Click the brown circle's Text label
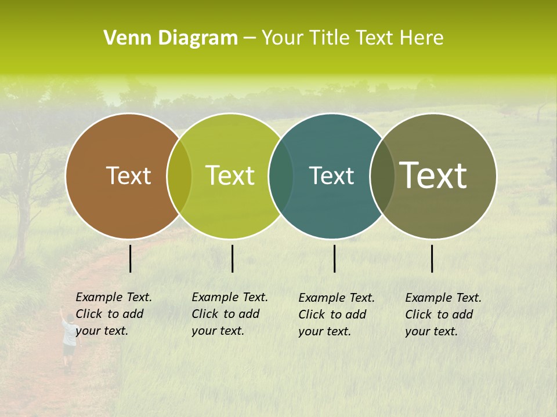click(128, 175)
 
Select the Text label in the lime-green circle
click(230, 175)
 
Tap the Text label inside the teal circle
click(331, 175)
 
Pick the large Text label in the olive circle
click(433, 175)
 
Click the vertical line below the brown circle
click(130, 258)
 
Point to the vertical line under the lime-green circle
click(232, 258)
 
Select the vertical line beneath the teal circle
click(334, 258)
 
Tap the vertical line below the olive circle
click(432, 258)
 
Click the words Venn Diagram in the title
click(171, 38)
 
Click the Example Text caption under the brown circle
click(114, 314)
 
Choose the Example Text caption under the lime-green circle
click(230, 314)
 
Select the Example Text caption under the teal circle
click(337, 314)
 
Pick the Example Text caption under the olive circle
click(443, 314)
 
